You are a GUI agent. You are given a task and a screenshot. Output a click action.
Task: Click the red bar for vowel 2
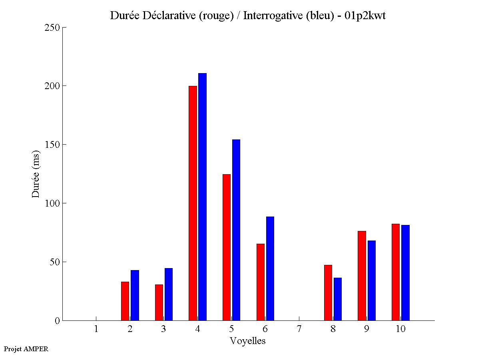click(125, 301)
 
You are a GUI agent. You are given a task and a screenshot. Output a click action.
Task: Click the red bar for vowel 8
click(328, 292)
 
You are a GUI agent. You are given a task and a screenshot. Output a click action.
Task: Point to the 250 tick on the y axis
click(63, 28)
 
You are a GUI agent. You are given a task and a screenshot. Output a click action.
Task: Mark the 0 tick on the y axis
click(63, 320)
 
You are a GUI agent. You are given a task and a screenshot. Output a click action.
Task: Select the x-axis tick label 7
click(299, 329)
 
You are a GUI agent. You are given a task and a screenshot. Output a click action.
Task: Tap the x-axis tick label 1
click(96, 329)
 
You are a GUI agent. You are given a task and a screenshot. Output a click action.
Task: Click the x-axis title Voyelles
click(248, 341)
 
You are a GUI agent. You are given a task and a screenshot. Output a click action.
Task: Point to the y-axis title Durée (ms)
click(36, 174)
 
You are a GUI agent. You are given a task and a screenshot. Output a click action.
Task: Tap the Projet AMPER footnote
click(26, 349)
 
